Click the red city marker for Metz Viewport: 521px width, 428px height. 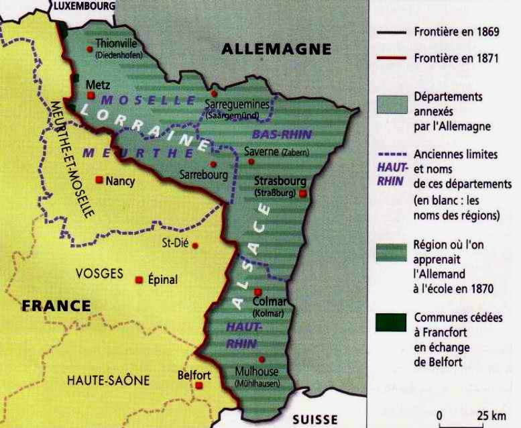point(91,96)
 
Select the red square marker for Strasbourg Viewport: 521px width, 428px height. point(303,194)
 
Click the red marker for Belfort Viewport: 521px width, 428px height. point(199,387)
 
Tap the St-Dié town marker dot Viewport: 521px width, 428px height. point(195,246)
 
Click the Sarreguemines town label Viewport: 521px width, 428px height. point(236,104)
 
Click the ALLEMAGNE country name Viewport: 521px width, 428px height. point(276,49)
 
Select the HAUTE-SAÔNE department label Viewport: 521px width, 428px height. point(108,380)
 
